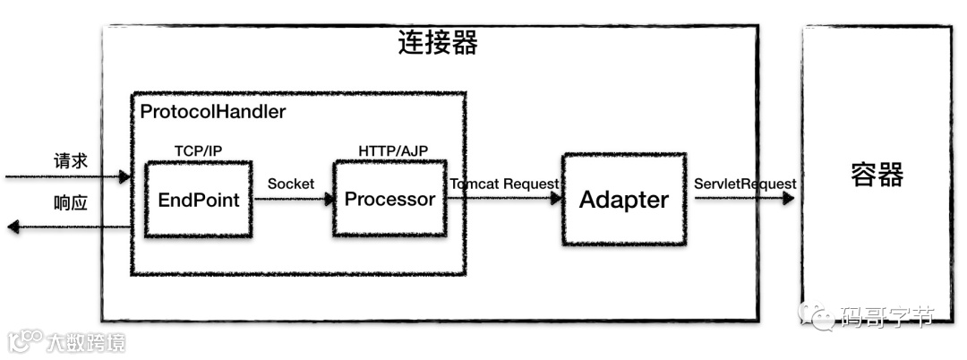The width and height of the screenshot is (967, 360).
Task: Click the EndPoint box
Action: tap(198, 199)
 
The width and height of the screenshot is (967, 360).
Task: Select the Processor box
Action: tap(389, 199)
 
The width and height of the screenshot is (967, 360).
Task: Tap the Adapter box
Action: tap(623, 200)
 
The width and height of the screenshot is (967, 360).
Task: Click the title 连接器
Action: tap(437, 43)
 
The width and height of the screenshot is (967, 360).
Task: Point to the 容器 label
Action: tap(877, 175)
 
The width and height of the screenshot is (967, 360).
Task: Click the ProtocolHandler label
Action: tap(213, 113)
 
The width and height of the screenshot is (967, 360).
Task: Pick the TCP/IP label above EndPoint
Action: tap(197, 150)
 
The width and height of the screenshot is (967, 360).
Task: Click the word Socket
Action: tap(290, 184)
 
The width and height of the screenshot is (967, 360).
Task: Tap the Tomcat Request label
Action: tap(504, 184)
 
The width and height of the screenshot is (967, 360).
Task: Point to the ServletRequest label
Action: tap(745, 184)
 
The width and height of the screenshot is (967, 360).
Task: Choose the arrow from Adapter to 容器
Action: tap(743, 199)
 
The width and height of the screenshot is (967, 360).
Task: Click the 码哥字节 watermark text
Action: tap(887, 316)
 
